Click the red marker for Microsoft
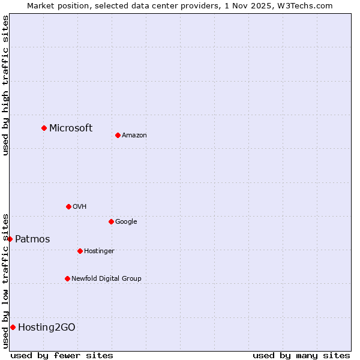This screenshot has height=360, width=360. pyautogui.click(x=44, y=128)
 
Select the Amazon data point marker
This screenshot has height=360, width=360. pyautogui.click(x=118, y=135)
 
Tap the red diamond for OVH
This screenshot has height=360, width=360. pyautogui.click(x=68, y=206)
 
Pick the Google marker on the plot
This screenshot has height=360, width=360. pyautogui.click(x=111, y=221)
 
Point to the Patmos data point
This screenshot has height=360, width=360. pyautogui.click(x=10, y=239)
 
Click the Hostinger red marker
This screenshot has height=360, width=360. pyautogui.click(x=80, y=251)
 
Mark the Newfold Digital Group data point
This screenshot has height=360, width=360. pyautogui.click(x=67, y=278)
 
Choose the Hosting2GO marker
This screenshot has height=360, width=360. pyautogui.click(x=13, y=327)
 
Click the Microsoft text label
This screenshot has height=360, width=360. pyautogui.click(x=71, y=128)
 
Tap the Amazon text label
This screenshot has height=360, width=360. pyautogui.click(x=134, y=135)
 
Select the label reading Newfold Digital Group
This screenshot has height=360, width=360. pyautogui.click(x=106, y=278)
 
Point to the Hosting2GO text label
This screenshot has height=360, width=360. pyautogui.click(x=47, y=327)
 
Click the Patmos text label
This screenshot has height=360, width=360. pyautogui.click(x=32, y=239)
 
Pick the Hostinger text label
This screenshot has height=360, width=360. pyautogui.click(x=99, y=251)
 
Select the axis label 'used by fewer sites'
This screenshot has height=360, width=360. pyautogui.click(x=62, y=355)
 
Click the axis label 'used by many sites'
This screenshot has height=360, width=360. pyautogui.click(x=301, y=355)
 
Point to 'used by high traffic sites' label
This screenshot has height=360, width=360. pyautogui.click(x=5, y=85)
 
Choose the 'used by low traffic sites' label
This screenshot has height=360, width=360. pyautogui.click(x=5, y=281)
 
